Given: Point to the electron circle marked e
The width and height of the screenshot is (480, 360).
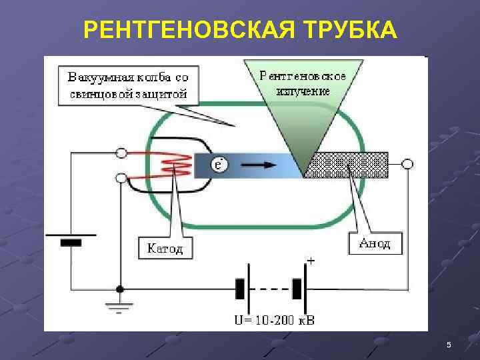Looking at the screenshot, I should coord(219,163).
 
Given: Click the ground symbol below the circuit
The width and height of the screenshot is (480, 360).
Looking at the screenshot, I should coord(120,307).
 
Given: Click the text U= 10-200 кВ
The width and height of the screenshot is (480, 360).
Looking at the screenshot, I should coord(273,321).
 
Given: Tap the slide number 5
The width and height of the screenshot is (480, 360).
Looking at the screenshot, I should coord(449,344).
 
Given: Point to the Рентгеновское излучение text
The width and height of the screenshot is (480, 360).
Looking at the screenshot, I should coord(303,81).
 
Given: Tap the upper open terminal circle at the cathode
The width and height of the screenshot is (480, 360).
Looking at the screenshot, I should coord(121,153).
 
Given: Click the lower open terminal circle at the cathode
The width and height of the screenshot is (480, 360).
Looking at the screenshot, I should coord(121,178).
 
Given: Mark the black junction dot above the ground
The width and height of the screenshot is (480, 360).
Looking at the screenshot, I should coord(120,289).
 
